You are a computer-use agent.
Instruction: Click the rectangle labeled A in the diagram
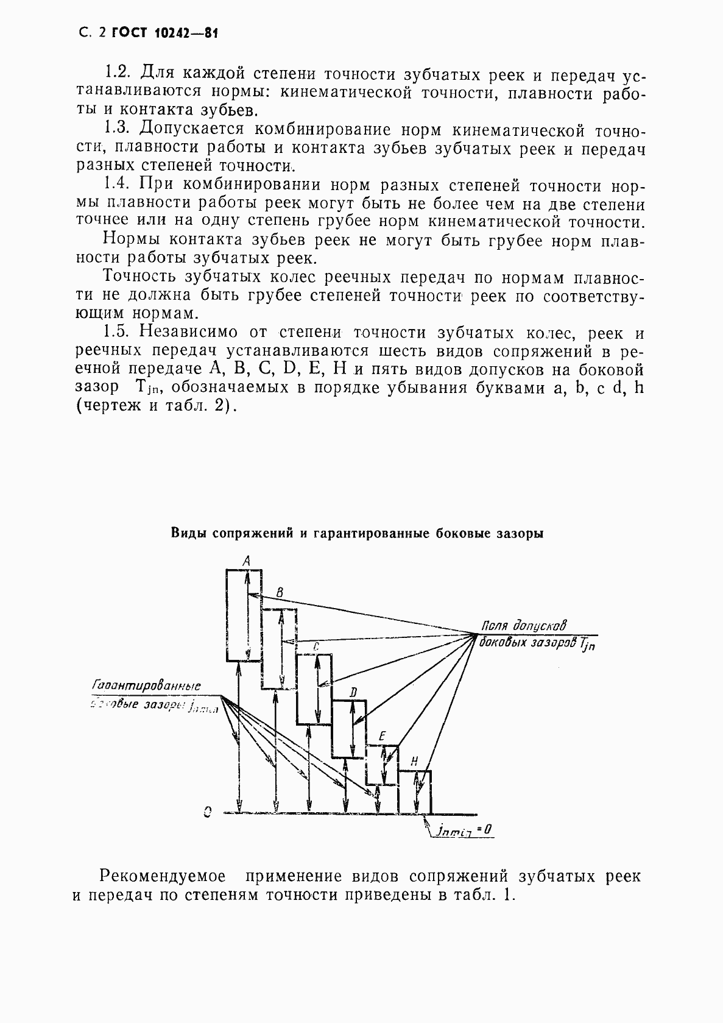pyautogui.click(x=244, y=615)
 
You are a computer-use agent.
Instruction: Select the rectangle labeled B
pyautogui.click(x=279, y=649)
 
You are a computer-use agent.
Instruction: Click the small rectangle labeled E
pyautogui.click(x=382, y=765)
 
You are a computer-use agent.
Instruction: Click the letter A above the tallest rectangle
pyautogui.click(x=245, y=559)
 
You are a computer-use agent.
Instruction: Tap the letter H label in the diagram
pyautogui.click(x=414, y=761)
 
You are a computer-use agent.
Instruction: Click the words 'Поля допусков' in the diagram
pyautogui.click(x=524, y=625)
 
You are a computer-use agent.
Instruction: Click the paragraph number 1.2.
pyautogui.click(x=118, y=73)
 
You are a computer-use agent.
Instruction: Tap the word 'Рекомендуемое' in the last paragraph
pyautogui.click(x=162, y=876)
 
